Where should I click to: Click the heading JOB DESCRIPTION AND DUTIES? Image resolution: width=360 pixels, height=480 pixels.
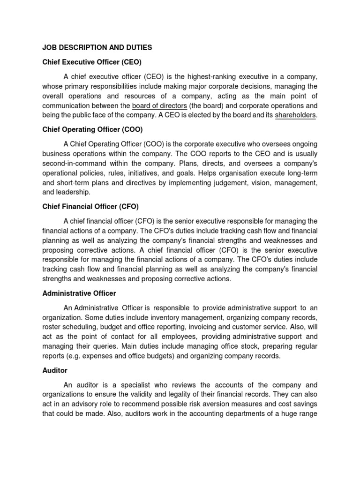[97, 47]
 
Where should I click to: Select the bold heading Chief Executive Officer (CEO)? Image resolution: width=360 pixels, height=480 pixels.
[92, 62]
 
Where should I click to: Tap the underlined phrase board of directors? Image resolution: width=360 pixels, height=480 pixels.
[159, 105]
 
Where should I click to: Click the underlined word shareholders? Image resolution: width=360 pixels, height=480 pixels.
[295, 115]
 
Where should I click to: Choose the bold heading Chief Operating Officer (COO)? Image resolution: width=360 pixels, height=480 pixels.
[92, 129]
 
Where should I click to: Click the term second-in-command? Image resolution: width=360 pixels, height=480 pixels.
[75, 163]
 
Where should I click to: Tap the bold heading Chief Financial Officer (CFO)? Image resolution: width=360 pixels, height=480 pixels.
[90, 206]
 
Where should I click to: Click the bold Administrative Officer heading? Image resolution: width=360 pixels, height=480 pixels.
[79, 293]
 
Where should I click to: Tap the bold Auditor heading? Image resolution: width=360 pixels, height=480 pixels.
[55, 370]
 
